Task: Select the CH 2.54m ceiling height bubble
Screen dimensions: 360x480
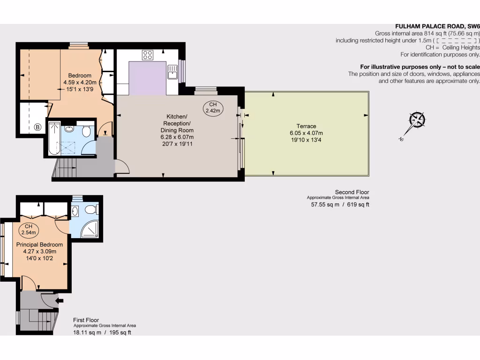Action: tap(28, 230)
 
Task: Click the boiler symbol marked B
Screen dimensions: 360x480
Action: tap(37, 127)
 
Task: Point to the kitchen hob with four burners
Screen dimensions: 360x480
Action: tap(148, 55)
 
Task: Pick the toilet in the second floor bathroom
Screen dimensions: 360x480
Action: tap(86, 131)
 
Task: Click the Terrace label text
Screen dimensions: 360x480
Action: tap(306, 126)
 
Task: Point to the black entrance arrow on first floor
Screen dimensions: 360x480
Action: tap(60, 300)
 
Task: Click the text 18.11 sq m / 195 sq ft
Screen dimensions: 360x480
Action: tap(102, 332)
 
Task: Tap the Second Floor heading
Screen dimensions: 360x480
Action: tap(352, 192)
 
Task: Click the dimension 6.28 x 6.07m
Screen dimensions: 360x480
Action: tap(177, 137)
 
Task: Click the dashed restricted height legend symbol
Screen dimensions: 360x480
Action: tap(456, 41)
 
